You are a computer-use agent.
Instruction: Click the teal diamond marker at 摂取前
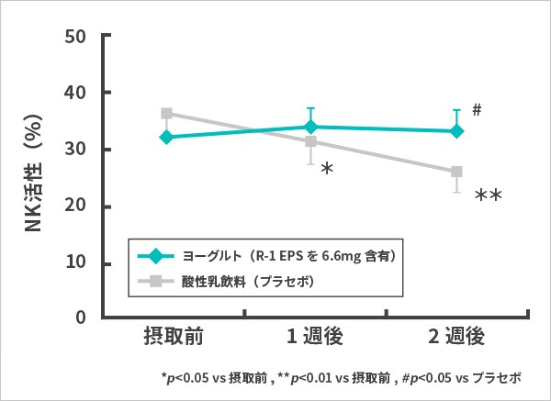point(166,137)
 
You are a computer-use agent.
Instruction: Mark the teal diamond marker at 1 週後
point(310,127)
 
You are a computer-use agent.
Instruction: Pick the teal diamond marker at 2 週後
point(456,131)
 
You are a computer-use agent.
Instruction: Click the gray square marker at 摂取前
point(166,114)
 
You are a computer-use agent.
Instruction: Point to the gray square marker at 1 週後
point(310,141)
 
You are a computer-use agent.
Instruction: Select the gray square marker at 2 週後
point(456,172)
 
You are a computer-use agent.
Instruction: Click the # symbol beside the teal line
point(477,110)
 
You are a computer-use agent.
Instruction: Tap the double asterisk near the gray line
point(488,195)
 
